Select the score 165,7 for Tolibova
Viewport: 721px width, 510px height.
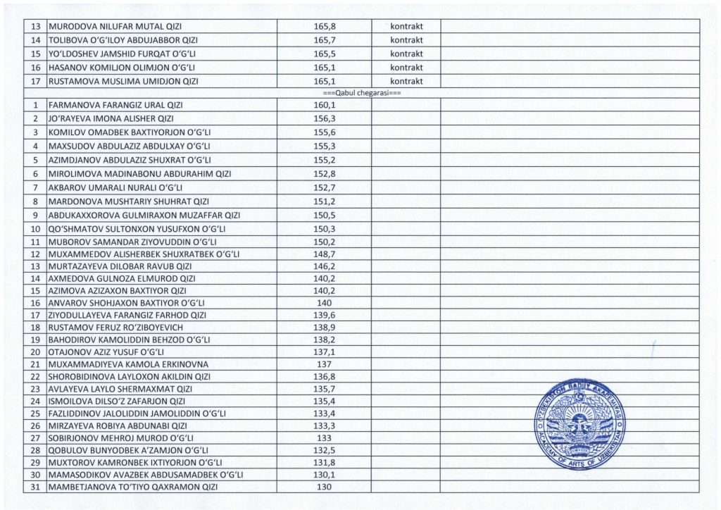click(x=324, y=40)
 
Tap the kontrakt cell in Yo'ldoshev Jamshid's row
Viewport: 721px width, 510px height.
click(x=406, y=54)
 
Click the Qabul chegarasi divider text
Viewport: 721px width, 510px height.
click(x=360, y=93)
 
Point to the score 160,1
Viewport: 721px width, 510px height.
click(x=324, y=105)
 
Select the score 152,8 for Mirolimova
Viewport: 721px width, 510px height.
click(x=324, y=174)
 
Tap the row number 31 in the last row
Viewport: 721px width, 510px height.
click(x=35, y=487)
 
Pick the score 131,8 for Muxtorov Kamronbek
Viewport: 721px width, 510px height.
click(x=324, y=462)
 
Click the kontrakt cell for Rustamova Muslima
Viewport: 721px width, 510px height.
click(x=406, y=82)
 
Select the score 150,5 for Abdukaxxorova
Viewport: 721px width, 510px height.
click(x=324, y=215)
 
